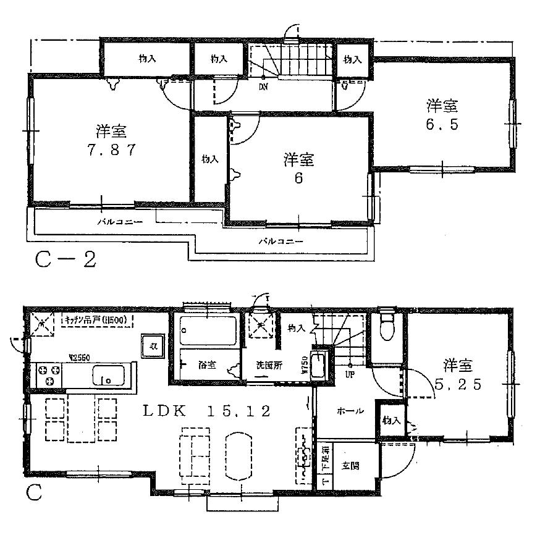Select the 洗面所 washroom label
tap(269, 365)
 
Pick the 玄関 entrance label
tap(350, 466)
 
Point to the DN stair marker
tap(263, 86)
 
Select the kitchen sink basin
tap(109, 376)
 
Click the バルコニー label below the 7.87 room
tap(120, 221)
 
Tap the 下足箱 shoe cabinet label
tap(326, 460)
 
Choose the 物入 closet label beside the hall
tap(390, 421)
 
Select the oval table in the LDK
tap(239, 455)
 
